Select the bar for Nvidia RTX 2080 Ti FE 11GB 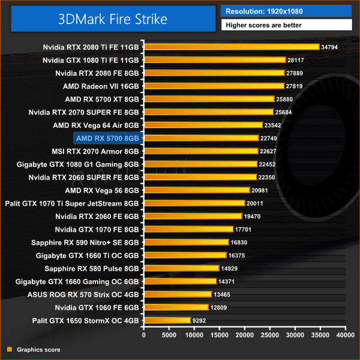[x=232, y=47]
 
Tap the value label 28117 [x=297, y=60]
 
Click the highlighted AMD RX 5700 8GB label [x=107, y=138]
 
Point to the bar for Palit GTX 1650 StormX [x=167, y=320]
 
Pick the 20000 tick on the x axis [x=245, y=335]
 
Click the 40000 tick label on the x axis [x=345, y=335]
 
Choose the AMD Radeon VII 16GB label [x=101, y=86]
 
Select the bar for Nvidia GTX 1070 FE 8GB [x=188, y=229]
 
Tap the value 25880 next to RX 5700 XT [x=286, y=99]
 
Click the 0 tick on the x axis [x=144, y=335]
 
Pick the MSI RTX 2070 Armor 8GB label [x=97, y=151]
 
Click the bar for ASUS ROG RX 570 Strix [x=178, y=294]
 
